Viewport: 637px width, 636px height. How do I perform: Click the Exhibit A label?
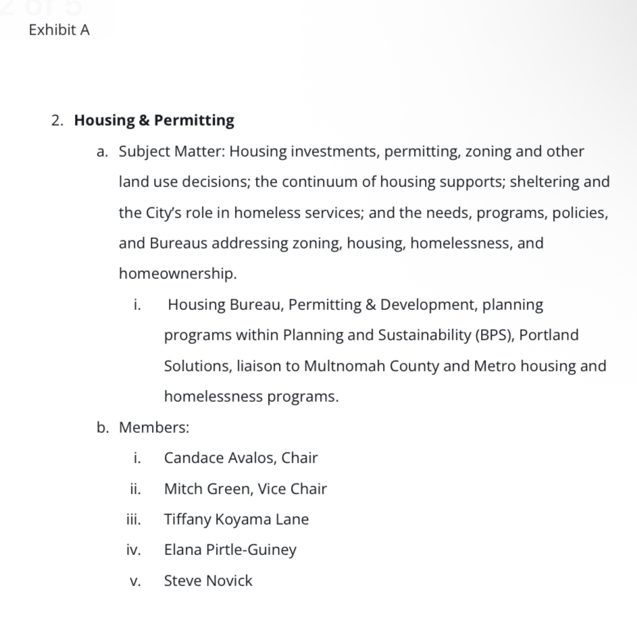59,30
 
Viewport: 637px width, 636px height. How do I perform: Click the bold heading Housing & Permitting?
154,121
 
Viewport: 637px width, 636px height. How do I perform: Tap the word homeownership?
177,273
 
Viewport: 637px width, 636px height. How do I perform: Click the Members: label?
154,427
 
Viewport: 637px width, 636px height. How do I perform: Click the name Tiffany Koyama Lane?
236,519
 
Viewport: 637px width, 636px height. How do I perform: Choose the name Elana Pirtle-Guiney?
230,550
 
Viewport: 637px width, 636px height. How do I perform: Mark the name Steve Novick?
208,581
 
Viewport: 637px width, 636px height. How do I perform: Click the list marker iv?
133,550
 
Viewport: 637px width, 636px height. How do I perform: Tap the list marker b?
102,427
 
